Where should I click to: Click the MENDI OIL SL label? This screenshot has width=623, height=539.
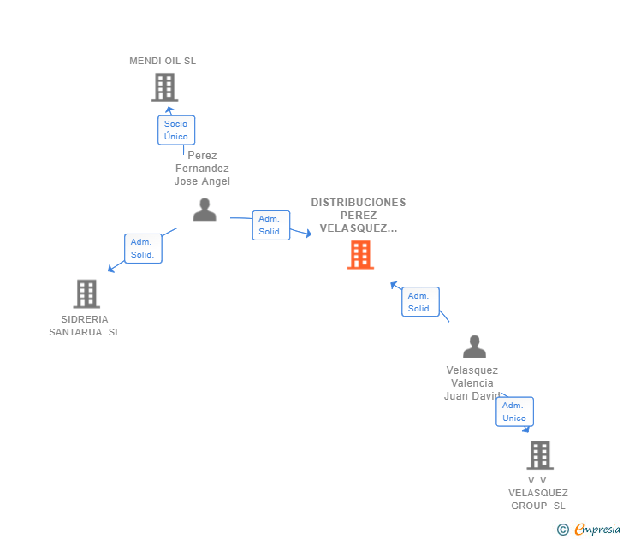[163, 61]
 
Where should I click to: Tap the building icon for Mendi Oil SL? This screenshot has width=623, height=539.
[164, 87]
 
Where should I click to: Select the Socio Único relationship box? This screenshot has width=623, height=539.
[176, 130]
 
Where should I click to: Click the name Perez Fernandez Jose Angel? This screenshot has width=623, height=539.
[202, 168]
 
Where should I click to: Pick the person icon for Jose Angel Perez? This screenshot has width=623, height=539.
[205, 210]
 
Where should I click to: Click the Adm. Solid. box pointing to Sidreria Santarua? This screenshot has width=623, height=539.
[143, 248]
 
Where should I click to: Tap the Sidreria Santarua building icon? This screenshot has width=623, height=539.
[86, 294]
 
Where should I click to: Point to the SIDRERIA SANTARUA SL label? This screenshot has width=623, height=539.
[85, 325]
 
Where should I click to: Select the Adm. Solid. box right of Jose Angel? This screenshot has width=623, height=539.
[271, 225]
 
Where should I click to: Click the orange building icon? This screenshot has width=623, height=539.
[360, 255]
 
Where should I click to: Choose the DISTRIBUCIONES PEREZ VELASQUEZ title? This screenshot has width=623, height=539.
[359, 215]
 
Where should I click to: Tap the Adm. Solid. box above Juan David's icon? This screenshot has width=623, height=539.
[420, 301]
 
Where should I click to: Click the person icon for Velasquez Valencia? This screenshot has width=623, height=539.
[474, 346]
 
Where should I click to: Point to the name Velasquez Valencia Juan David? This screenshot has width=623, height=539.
[472, 383]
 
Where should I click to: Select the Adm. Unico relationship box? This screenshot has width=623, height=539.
[514, 412]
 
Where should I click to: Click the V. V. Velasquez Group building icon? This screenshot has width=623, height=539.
[540, 455]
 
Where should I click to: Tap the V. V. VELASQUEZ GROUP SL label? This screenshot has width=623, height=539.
[538, 493]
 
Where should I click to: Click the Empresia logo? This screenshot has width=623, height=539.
[589, 529]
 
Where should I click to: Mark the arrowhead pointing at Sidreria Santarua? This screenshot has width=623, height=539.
[111, 269]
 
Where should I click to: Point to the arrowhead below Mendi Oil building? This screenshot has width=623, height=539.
[169, 110]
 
